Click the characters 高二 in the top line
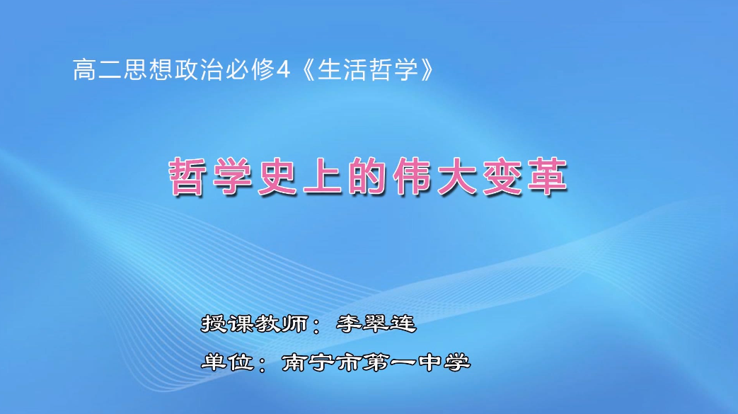98,69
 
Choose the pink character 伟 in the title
418,178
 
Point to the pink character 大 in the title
468,178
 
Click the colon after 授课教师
318,327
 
